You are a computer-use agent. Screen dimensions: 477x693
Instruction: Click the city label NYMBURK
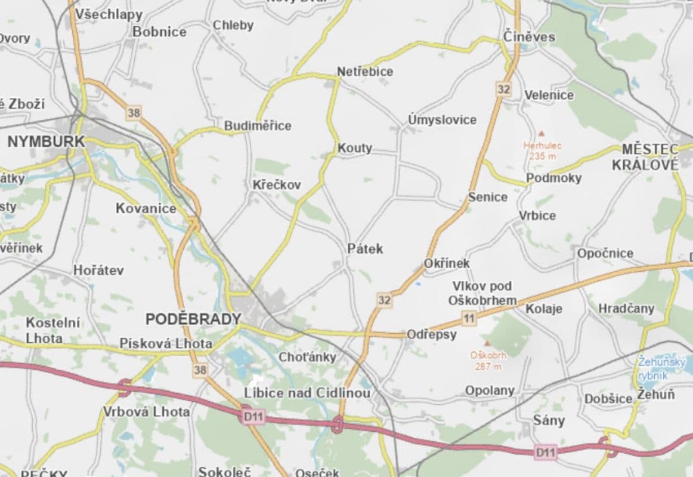click(x=46, y=142)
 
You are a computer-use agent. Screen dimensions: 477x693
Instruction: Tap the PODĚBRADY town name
click(x=193, y=320)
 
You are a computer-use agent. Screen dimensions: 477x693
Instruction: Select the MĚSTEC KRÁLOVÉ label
click(x=649, y=157)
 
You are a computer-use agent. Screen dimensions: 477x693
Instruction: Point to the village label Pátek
click(x=365, y=249)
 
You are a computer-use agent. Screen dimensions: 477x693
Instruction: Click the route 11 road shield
click(x=469, y=319)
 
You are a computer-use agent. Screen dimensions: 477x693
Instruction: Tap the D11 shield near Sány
click(x=545, y=453)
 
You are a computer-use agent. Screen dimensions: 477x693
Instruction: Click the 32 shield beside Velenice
click(x=503, y=89)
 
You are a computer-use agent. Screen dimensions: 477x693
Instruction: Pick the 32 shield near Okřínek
click(x=385, y=300)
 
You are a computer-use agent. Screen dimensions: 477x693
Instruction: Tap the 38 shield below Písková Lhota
click(x=200, y=370)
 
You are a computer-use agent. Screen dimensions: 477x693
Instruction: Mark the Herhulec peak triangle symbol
click(x=542, y=134)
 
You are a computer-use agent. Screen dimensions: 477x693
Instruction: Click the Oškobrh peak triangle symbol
click(x=487, y=344)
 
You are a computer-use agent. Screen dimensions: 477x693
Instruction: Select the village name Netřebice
click(x=365, y=72)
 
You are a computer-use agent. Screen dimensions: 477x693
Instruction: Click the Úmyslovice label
click(x=442, y=120)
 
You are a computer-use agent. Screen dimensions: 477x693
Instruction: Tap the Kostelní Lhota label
click(x=52, y=330)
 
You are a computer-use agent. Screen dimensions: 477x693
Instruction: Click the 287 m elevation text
click(x=488, y=366)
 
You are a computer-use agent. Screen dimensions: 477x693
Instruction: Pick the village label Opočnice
click(x=605, y=253)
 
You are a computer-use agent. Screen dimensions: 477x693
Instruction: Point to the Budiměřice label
click(x=258, y=126)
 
